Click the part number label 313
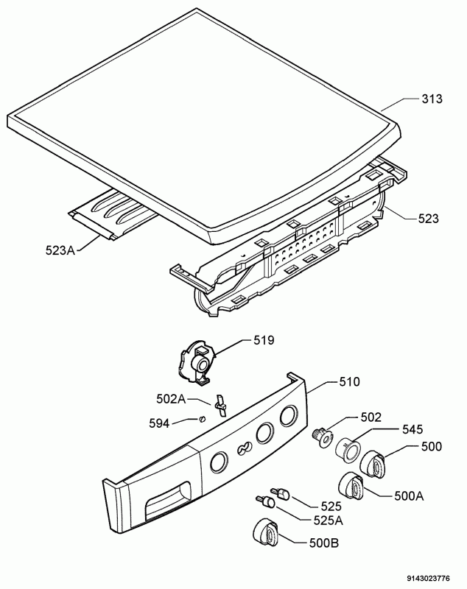pyautogui.click(x=432, y=99)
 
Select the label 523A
pyautogui.click(x=60, y=250)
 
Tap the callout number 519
pyautogui.click(x=264, y=341)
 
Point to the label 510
pyautogui.click(x=349, y=381)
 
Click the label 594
pyautogui.click(x=159, y=423)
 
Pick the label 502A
pyautogui.click(x=172, y=399)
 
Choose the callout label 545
pyautogui.click(x=412, y=429)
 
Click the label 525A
pyautogui.click(x=328, y=521)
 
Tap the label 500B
pyautogui.click(x=323, y=543)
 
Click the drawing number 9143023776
pyautogui.click(x=427, y=579)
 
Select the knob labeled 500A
pyautogui.click(x=351, y=484)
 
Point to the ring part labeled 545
pyautogui.click(x=347, y=450)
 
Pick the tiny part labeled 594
pyautogui.click(x=203, y=418)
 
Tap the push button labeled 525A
pyautogui.click(x=265, y=501)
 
